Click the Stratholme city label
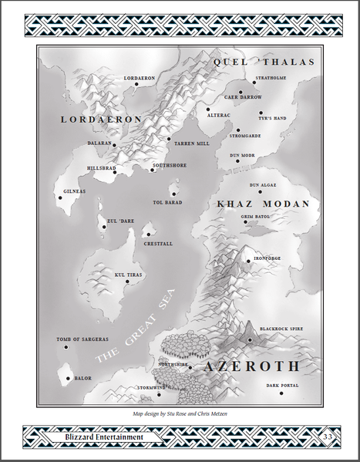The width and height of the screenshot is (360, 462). click(271, 78)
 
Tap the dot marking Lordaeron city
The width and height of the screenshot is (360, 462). click(136, 85)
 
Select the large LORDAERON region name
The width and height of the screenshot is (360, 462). click(102, 120)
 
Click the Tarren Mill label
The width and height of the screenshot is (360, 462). click(191, 143)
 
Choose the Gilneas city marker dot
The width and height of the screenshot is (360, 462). click(59, 197)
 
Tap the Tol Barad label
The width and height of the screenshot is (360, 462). click(168, 202)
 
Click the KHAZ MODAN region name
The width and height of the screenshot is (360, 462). click(263, 204)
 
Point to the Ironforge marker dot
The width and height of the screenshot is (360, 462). click(248, 261)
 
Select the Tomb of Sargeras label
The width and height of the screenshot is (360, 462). click(81, 339)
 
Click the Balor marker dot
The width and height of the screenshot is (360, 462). click(69, 378)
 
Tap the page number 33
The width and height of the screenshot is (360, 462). click(327, 437)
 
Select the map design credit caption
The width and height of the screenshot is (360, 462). click(180, 413)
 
